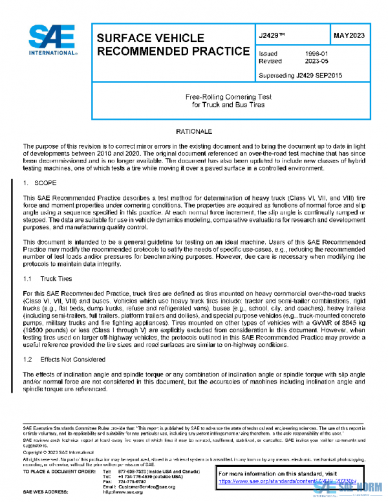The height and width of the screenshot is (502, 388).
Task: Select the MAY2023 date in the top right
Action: coord(348,35)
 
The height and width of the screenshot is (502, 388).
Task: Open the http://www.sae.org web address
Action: coord(129,492)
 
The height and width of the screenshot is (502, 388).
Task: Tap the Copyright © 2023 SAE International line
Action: coord(60,452)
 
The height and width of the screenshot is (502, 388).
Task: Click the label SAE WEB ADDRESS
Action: coord(47,492)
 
